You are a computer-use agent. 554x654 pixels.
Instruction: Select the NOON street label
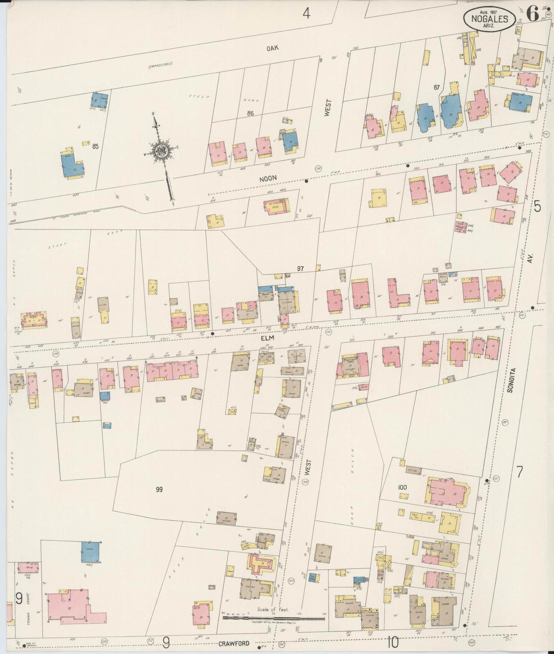point(268,178)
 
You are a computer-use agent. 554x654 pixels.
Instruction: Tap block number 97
point(300,269)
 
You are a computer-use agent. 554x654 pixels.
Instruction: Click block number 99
point(159,489)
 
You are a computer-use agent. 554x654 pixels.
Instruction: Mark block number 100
point(402,487)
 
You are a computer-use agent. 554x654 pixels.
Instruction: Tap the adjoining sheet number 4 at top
point(306,14)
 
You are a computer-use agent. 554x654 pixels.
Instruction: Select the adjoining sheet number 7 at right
point(519,472)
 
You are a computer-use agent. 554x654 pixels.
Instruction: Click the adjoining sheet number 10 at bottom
point(393,641)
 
